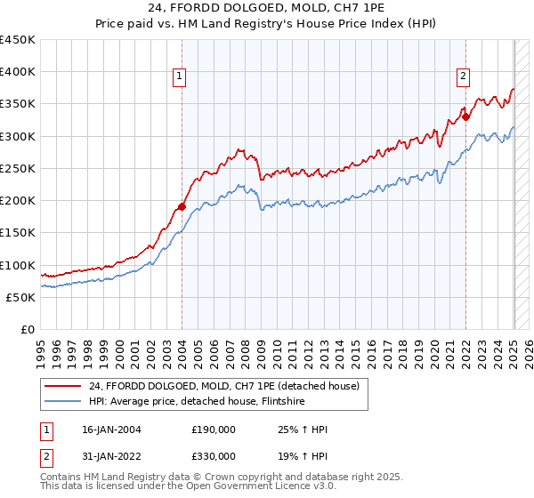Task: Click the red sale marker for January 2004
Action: (182, 206)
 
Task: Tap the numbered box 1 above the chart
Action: (180, 77)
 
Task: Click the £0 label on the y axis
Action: (28, 330)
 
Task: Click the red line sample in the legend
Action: (62, 386)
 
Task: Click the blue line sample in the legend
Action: (62, 401)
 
